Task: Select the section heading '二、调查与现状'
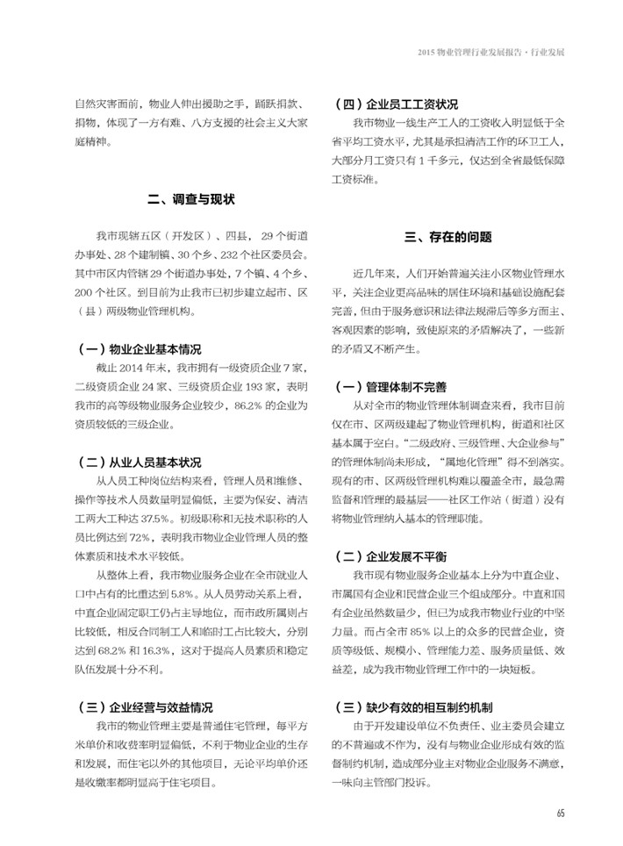tap(192, 199)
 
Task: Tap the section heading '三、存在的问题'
tap(448, 236)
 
